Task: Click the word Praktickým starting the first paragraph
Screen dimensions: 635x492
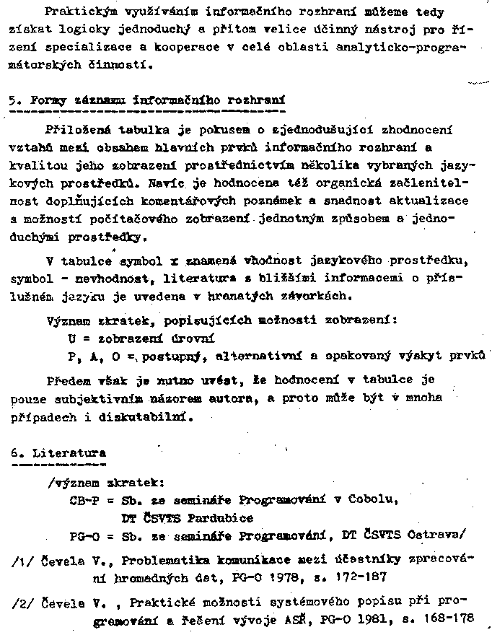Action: tap(79, 12)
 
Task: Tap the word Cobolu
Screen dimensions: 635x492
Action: tap(372, 500)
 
